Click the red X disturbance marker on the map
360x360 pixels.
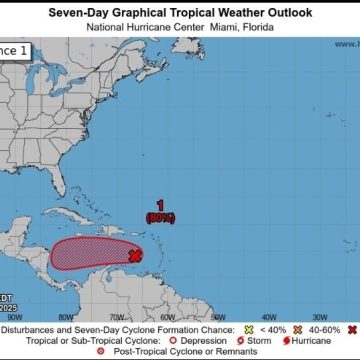point(134,256)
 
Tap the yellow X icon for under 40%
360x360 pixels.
point(249,329)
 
